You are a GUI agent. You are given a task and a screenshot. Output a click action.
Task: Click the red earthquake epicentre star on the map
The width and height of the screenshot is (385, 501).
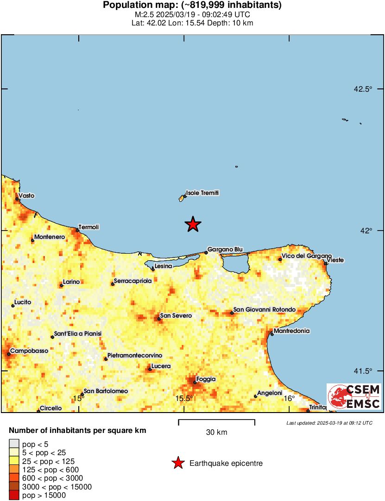click(x=193, y=225)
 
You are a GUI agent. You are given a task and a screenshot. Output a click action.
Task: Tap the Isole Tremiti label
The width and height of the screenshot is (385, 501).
click(x=202, y=193)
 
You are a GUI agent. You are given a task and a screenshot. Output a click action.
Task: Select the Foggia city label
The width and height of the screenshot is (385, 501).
click(x=206, y=379)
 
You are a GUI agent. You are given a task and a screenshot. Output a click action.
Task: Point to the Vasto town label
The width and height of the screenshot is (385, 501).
click(x=26, y=195)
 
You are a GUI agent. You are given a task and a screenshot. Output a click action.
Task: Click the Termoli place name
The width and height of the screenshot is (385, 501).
click(x=89, y=227)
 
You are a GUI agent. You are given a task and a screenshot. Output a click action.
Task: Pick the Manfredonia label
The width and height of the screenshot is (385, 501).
click(x=291, y=331)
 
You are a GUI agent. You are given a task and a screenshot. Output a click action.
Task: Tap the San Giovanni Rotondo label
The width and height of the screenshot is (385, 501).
click(x=264, y=309)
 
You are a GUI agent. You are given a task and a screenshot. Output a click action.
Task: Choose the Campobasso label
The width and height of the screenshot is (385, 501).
click(x=29, y=351)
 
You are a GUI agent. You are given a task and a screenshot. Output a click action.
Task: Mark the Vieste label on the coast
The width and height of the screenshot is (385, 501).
click(x=335, y=260)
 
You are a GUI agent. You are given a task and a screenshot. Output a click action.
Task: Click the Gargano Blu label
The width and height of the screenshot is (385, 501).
click(x=225, y=249)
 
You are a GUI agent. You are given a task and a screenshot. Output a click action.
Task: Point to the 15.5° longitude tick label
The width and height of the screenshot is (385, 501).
click(x=184, y=399)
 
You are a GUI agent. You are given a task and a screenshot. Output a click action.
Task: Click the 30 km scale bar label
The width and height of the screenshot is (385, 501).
click(x=216, y=432)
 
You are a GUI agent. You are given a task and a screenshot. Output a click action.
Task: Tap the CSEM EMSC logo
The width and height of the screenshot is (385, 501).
click(x=354, y=397)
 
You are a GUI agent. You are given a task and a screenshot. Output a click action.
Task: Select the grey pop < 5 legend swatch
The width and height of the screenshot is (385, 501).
click(x=14, y=444)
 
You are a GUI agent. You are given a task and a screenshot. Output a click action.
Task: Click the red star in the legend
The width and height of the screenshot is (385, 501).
click(x=177, y=463)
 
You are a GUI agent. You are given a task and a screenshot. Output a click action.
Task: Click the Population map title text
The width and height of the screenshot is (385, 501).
click(x=192, y=6)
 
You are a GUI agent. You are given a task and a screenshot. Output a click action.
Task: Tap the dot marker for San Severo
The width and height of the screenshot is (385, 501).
click(x=158, y=318)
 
